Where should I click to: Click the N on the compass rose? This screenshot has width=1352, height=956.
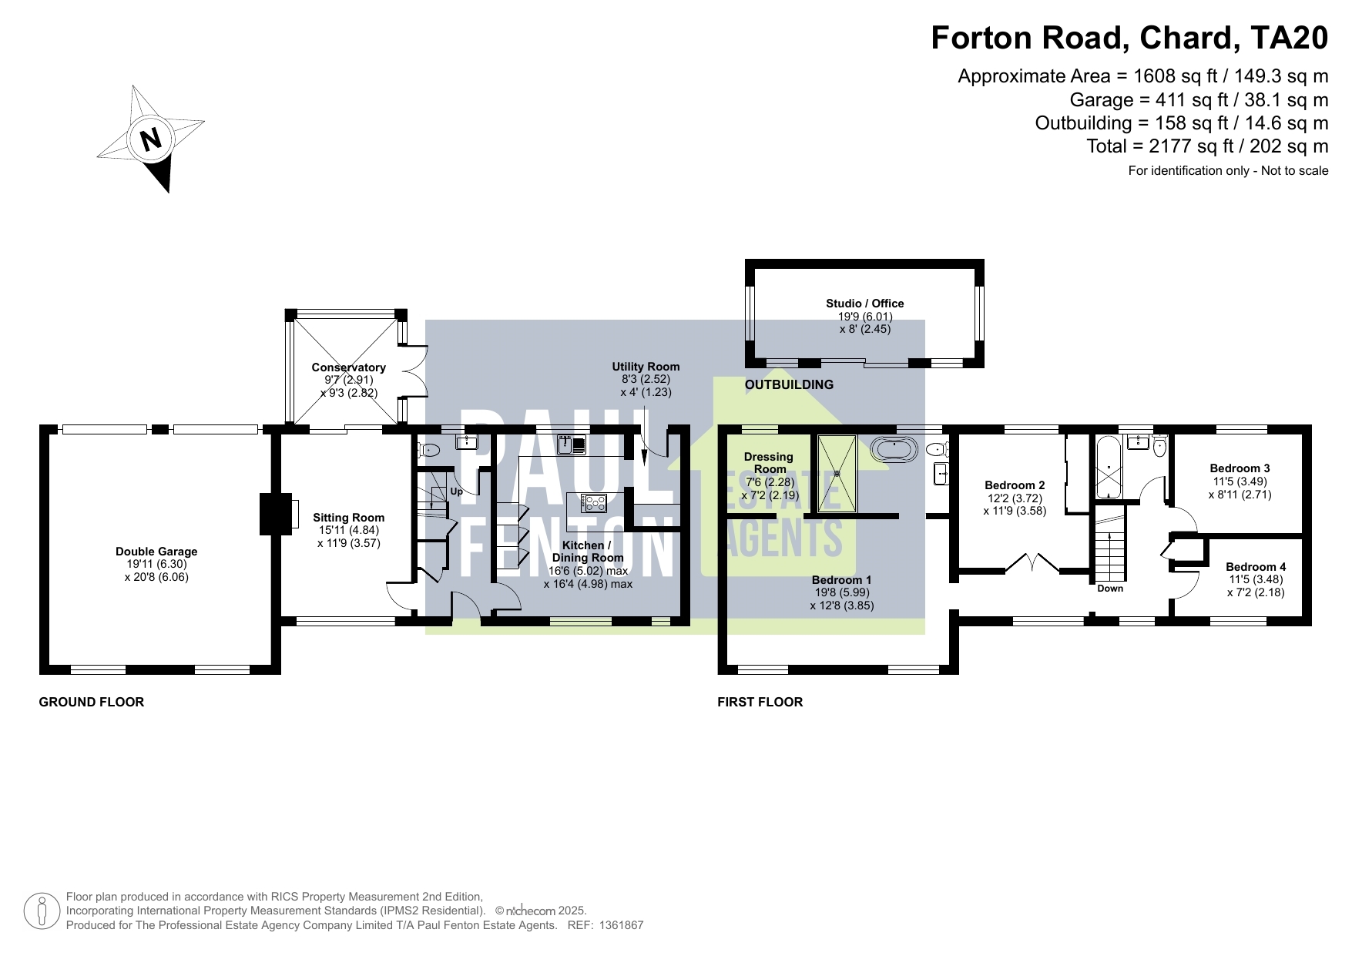[x=151, y=139]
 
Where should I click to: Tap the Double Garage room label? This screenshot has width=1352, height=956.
[x=156, y=552]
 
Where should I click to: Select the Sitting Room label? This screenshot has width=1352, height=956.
[x=348, y=518]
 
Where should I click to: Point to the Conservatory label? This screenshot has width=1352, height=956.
[x=348, y=367]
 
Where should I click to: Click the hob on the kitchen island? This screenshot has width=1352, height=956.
[x=594, y=503]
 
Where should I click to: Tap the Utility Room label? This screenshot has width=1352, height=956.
[x=646, y=367]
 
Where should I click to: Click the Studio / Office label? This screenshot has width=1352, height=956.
[x=864, y=304]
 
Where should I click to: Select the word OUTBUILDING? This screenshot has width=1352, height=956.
[x=789, y=384]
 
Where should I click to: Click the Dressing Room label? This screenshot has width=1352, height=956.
[x=769, y=463]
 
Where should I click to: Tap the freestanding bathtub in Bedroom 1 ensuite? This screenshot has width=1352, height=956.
[x=894, y=449]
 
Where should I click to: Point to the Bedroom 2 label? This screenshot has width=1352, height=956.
[x=1015, y=485]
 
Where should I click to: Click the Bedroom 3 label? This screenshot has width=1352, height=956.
[x=1240, y=468]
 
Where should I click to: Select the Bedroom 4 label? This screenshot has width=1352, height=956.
[x=1256, y=567]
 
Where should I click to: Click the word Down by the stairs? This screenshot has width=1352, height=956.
[x=1110, y=589]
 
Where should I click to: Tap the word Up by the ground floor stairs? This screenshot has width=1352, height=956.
[x=456, y=491]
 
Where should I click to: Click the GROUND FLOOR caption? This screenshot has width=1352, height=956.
[x=92, y=702]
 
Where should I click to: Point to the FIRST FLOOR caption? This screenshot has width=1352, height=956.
[x=760, y=702]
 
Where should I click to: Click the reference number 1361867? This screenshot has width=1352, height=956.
[x=621, y=925]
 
